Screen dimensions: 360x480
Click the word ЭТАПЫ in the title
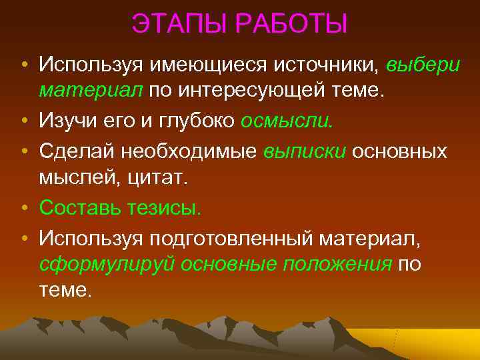[x=172, y=25]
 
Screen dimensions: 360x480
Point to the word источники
[x=313, y=65]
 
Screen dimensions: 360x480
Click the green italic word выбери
[x=422, y=65]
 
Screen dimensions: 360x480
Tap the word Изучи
[x=70, y=122]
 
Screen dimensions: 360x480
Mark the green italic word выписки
[x=305, y=151]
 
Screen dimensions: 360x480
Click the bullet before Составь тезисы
[x=23, y=208]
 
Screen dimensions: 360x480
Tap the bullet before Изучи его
[x=23, y=123]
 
